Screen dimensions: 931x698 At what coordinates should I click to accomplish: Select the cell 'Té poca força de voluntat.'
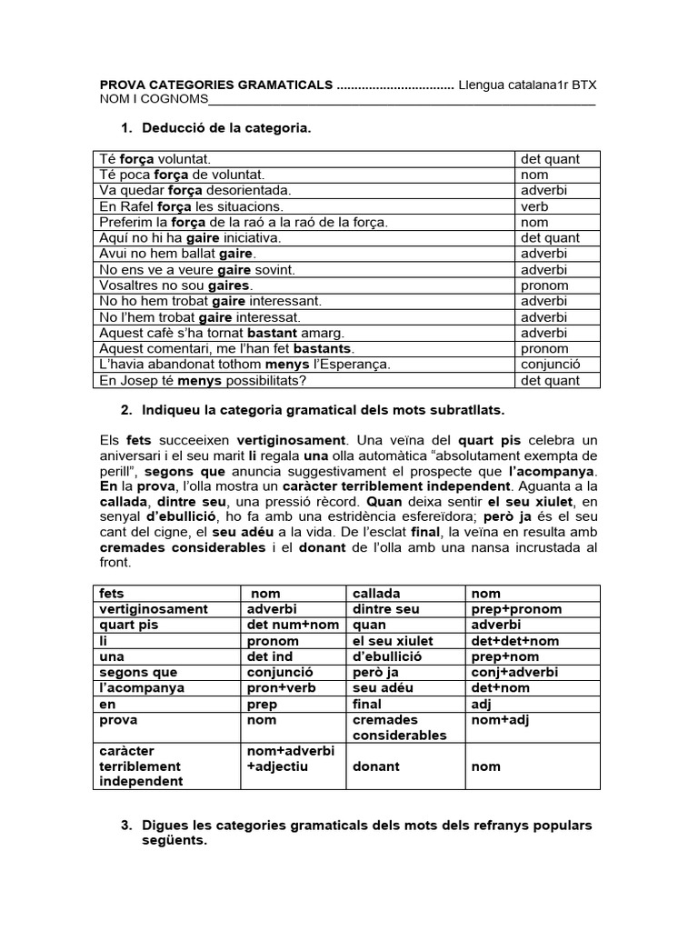point(182,175)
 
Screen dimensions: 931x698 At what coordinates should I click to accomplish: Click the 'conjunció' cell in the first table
point(551,364)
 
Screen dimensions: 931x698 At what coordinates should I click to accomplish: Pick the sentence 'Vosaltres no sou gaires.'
point(175,285)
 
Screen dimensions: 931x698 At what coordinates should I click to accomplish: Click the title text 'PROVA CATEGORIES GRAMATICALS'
point(216,85)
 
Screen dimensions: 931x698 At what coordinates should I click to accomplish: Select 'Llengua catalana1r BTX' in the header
point(527,85)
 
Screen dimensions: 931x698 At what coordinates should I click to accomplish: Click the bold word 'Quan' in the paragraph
point(383,503)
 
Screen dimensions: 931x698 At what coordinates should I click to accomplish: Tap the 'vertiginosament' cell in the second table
point(154,608)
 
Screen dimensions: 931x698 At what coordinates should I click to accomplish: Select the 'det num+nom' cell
point(293,625)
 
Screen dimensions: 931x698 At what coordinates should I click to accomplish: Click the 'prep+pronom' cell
point(516,608)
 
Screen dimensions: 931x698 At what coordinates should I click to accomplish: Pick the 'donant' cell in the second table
point(375,766)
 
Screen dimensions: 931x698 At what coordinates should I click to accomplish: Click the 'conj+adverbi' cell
point(514,672)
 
